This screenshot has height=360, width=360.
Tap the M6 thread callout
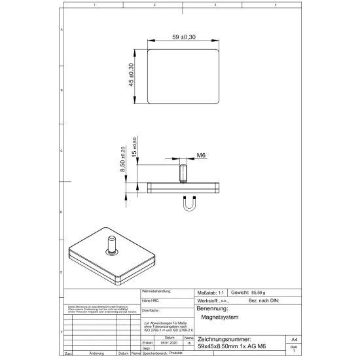pos(202,156)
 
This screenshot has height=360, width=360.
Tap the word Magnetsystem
pos(220,317)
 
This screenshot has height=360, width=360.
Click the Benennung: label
pos(211,308)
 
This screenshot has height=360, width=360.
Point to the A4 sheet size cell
pos(295,340)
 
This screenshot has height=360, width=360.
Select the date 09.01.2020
pos(168,342)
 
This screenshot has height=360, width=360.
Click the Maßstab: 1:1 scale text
pos(211,292)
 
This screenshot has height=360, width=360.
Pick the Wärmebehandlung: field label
pos(156,290)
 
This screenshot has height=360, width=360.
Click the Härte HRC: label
pos(151,300)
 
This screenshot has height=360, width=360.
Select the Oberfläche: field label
pos(152,310)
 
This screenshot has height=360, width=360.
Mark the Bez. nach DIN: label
pos(264,300)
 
